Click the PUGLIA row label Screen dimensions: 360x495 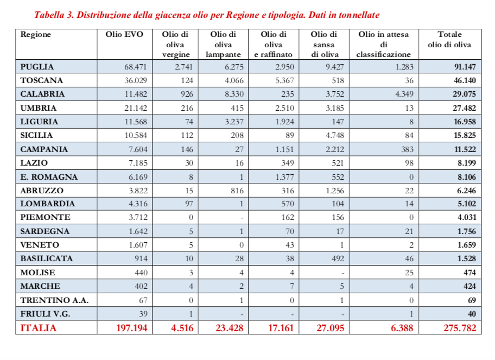point(37,67)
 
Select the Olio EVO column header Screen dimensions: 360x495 point(124,35)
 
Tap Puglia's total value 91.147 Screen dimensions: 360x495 point(464,67)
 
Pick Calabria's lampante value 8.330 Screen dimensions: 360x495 point(230,94)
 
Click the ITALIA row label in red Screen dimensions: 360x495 point(38,328)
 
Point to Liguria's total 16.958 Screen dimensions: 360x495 point(464,122)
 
